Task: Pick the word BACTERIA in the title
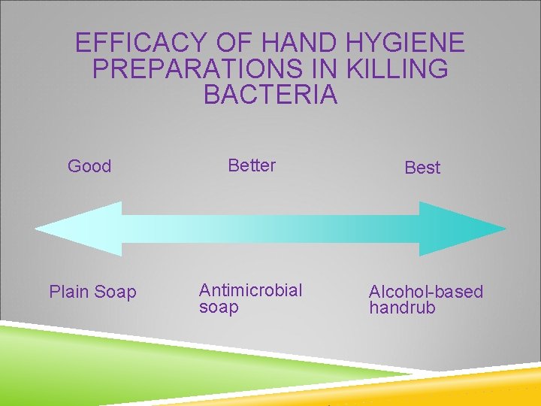click(270, 95)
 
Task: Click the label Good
click(89, 166)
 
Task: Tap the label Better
click(252, 165)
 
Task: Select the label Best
click(422, 168)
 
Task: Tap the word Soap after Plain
click(116, 292)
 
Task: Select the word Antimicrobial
click(250, 290)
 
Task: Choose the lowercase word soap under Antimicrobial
click(219, 308)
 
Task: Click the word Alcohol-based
click(426, 292)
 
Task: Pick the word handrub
click(402, 308)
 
